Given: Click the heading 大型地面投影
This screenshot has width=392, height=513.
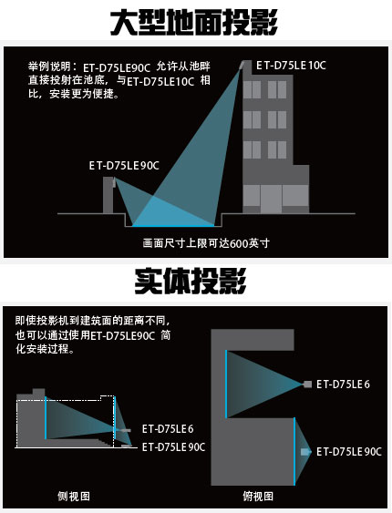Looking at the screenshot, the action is tap(193, 22).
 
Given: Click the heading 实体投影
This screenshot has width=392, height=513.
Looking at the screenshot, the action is tap(191, 281).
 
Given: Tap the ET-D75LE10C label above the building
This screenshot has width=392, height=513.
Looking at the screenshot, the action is tap(291, 66).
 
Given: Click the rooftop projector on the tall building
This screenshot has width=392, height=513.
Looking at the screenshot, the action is tap(242, 65).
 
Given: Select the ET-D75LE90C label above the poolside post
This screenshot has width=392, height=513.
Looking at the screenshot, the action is tap(124, 166).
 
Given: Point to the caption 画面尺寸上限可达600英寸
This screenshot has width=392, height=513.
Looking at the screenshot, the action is tap(206, 243).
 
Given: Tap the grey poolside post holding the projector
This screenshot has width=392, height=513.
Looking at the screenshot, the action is tap(108, 195).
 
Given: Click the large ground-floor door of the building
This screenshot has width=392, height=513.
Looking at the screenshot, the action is tap(271, 199).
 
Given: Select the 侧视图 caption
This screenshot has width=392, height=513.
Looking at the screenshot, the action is tap(74, 497).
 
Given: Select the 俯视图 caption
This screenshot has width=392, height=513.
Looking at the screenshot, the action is tap(258, 497).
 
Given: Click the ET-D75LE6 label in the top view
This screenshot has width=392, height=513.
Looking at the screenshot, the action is tap(343, 385).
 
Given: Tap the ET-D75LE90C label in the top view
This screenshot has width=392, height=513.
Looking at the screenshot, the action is tap(349, 452).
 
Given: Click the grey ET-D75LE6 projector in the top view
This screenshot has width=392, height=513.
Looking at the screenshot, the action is tap(307, 385).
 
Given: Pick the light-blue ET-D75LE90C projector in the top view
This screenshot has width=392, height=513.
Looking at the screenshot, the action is tap(304, 452).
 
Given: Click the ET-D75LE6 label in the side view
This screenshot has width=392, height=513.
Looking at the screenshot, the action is tap(168, 428).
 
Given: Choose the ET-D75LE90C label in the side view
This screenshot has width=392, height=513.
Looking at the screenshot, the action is tap(173, 446).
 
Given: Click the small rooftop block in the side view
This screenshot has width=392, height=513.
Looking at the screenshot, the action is tap(38, 392).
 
